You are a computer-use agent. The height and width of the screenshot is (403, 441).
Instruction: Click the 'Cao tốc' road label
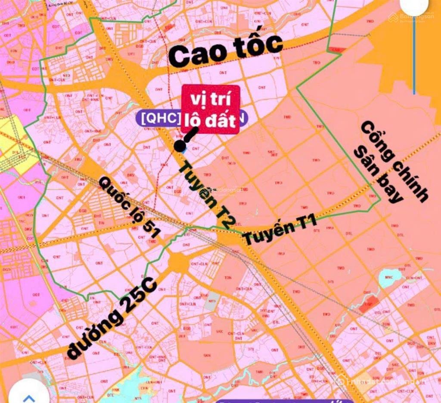pyautogui.click(x=225, y=51)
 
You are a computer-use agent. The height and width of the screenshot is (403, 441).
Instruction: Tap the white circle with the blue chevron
pyautogui.click(x=28, y=394)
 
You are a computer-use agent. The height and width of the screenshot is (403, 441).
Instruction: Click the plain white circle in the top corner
pyautogui.click(x=414, y=6)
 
